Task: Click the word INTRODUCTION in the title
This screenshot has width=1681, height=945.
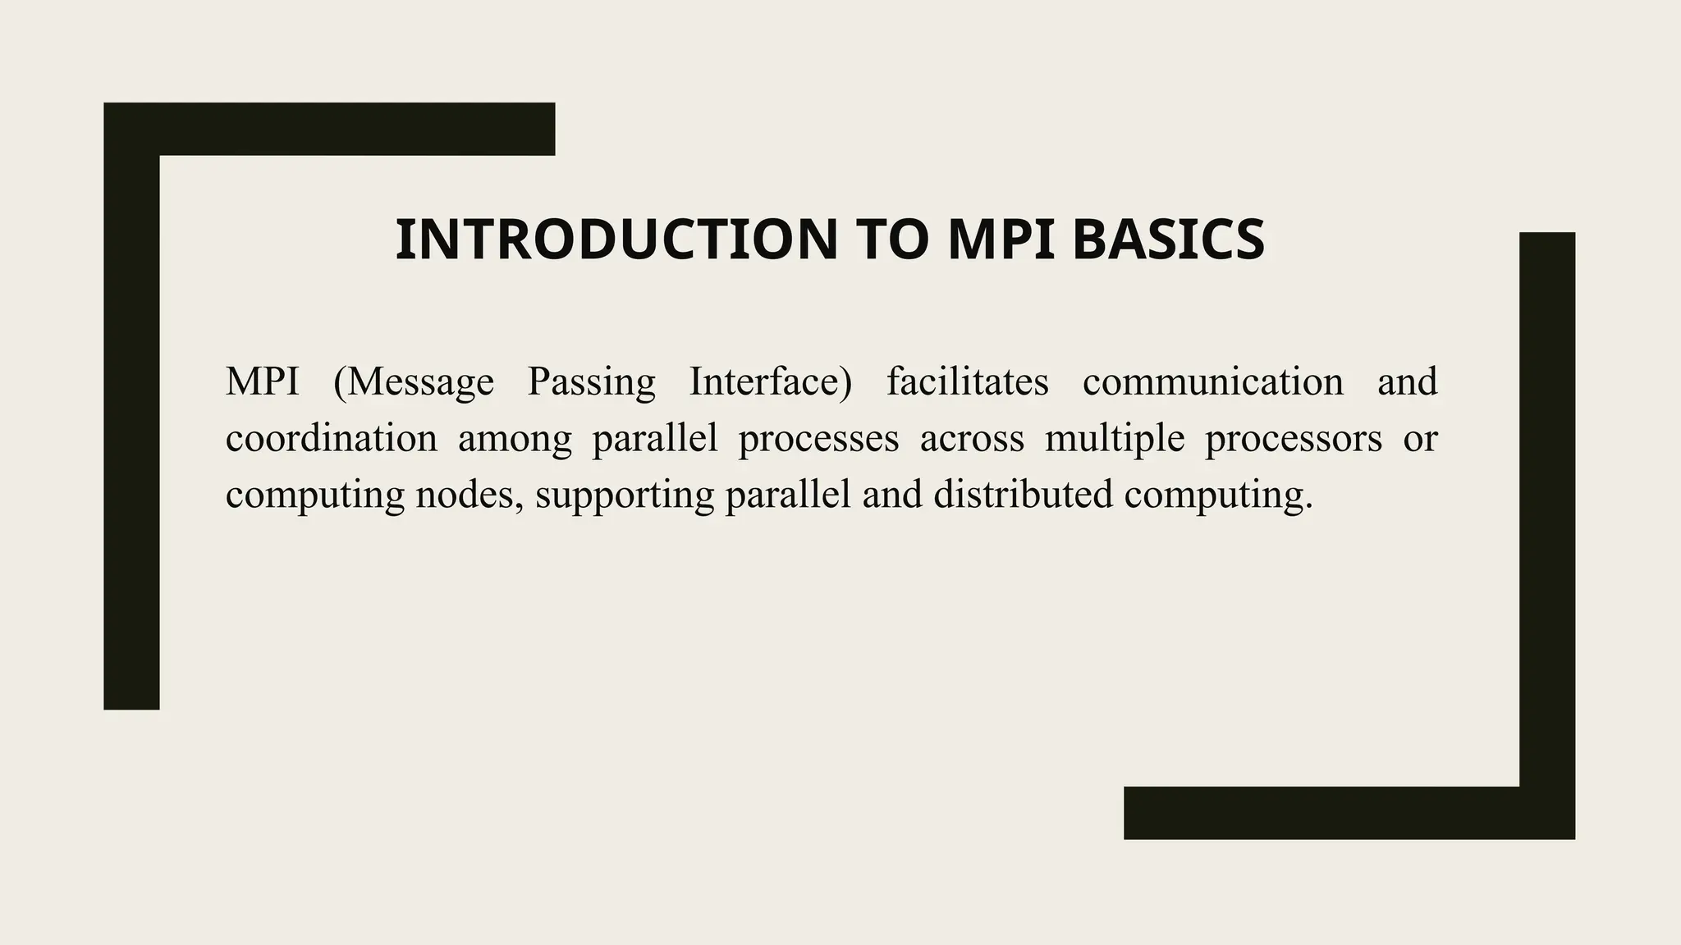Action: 616,240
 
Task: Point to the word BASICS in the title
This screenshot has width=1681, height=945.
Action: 1168,240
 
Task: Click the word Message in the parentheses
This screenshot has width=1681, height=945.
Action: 420,382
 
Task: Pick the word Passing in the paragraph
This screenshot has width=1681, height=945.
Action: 591,382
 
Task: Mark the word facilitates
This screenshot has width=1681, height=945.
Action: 967,382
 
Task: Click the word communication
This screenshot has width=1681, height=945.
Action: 1212,382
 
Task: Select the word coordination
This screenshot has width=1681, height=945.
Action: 331,438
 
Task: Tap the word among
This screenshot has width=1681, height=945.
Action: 515,440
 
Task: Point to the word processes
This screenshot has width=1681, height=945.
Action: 818,440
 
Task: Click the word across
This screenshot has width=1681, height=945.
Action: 972,440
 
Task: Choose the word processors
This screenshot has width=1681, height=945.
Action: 1294,440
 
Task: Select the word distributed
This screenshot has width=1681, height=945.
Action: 1023,495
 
